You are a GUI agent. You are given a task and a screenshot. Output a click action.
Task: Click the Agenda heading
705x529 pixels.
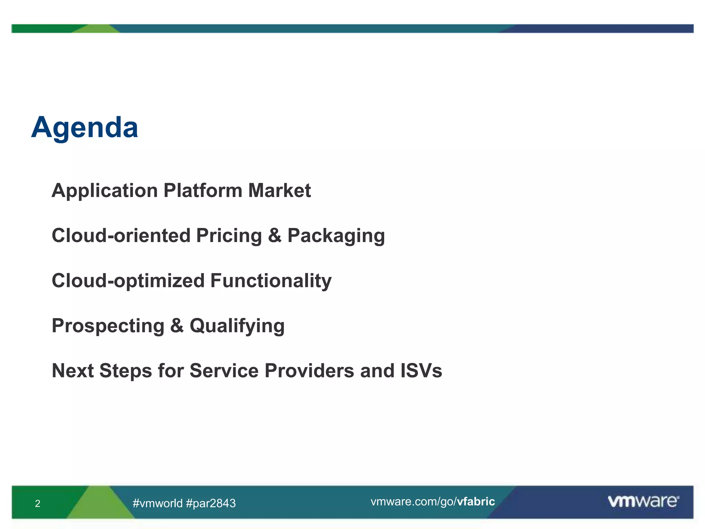(x=85, y=127)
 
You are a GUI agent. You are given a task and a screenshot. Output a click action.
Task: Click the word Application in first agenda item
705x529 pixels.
(x=105, y=190)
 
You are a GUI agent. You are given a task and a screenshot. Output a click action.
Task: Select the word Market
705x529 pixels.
(x=279, y=190)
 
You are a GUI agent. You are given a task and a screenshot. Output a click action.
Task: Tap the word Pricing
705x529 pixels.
(x=229, y=236)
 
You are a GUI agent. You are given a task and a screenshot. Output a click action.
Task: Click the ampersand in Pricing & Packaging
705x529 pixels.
(x=275, y=236)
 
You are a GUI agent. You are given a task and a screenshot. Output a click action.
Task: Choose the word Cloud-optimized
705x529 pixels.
(x=128, y=281)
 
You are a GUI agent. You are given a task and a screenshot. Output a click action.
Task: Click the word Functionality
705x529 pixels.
(x=271, y=281)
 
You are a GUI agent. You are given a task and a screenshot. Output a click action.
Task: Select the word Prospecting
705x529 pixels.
(x=108, y=326)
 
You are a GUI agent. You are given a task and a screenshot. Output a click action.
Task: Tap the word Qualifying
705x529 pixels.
(x=237, y=326)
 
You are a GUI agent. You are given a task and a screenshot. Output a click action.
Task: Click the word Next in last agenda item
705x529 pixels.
(x=73, y=371)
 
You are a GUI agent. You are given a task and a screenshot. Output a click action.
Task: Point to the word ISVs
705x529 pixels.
(x=421, y=371)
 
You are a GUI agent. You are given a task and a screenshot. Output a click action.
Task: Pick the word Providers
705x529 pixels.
(x=309, y=371)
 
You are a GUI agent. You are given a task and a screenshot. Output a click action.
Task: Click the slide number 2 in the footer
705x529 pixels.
(x=38, y=504)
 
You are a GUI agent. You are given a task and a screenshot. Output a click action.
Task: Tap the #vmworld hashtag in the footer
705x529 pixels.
(x=157, y=503)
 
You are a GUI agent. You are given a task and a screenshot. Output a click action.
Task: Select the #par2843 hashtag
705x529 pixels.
(x=211, y=503)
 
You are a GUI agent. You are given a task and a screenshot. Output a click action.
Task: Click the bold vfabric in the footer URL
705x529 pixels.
(x=476, y=501)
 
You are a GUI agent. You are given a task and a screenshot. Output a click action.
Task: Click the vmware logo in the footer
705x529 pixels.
(x=643, y=501)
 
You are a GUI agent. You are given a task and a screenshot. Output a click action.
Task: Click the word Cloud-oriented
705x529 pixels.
(x=121, y=236)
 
